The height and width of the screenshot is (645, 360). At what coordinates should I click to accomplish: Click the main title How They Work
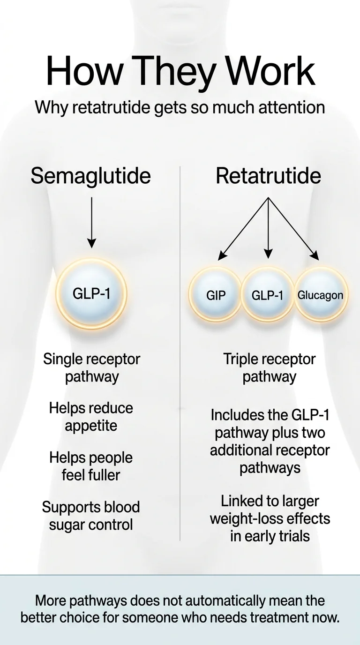[x=180, y=71]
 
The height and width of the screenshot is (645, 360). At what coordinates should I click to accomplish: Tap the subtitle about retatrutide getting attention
[x=180, y=107]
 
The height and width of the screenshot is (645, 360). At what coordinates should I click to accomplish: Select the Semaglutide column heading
[x=91, y=176]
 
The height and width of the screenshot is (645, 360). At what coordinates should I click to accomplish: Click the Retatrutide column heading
[x=268, y=176]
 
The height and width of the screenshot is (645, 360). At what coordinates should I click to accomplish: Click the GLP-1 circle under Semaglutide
[x=91, y=294]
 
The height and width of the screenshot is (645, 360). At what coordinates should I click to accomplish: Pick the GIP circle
[x=216, y=295]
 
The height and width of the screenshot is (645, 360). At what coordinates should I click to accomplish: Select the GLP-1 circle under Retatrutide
[x=268, y=295]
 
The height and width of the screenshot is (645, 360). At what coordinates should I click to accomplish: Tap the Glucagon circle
[x=321, y=295]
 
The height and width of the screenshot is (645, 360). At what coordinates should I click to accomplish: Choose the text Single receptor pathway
[x=91, y=368]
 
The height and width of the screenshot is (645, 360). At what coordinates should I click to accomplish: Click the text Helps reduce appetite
[x=91, y=417]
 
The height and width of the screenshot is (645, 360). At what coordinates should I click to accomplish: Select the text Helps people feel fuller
[x=91, y=466]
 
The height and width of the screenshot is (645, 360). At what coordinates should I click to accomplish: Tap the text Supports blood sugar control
[x=91, y=516]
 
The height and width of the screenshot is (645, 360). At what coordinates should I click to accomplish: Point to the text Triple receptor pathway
[x=270, y=368]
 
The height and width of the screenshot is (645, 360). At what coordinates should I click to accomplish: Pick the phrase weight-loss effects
[x=270, y=519]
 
